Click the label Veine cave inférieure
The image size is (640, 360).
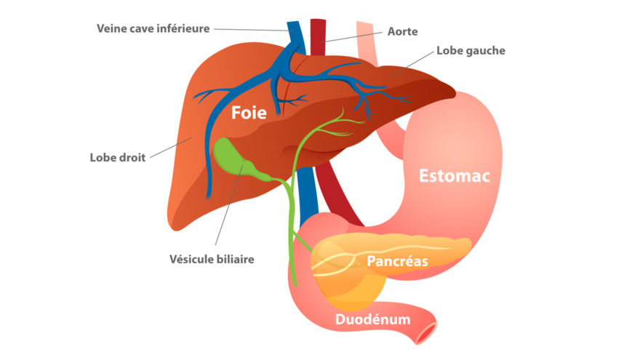(x=153, y=28)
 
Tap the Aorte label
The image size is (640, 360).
(x=402, y=31)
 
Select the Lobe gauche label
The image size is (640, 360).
(x=471, y=51)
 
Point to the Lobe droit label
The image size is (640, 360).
(x=118, y=158)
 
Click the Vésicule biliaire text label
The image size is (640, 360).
(x=212, y=259)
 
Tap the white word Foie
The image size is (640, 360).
(x=249, y=113)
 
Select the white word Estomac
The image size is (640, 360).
(x=455, y=176)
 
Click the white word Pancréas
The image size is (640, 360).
(x=397, y=261)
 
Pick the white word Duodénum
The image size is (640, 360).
(x=372, y=319)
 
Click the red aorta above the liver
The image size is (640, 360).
(x=318, y=37)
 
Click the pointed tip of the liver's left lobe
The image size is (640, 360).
(x=455, y=94)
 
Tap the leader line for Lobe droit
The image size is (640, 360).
(x=171, y=148)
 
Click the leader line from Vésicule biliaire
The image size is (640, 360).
(x=229, y=205)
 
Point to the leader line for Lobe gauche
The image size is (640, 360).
(x=412, y=64)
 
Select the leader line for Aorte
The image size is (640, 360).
(x=351, y=37)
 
